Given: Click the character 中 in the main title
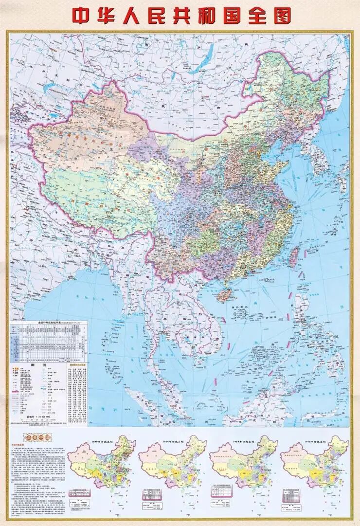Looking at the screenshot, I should (82, 15).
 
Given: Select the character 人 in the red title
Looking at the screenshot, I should (138, 15).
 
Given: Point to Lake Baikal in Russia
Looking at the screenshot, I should (207, 54).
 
